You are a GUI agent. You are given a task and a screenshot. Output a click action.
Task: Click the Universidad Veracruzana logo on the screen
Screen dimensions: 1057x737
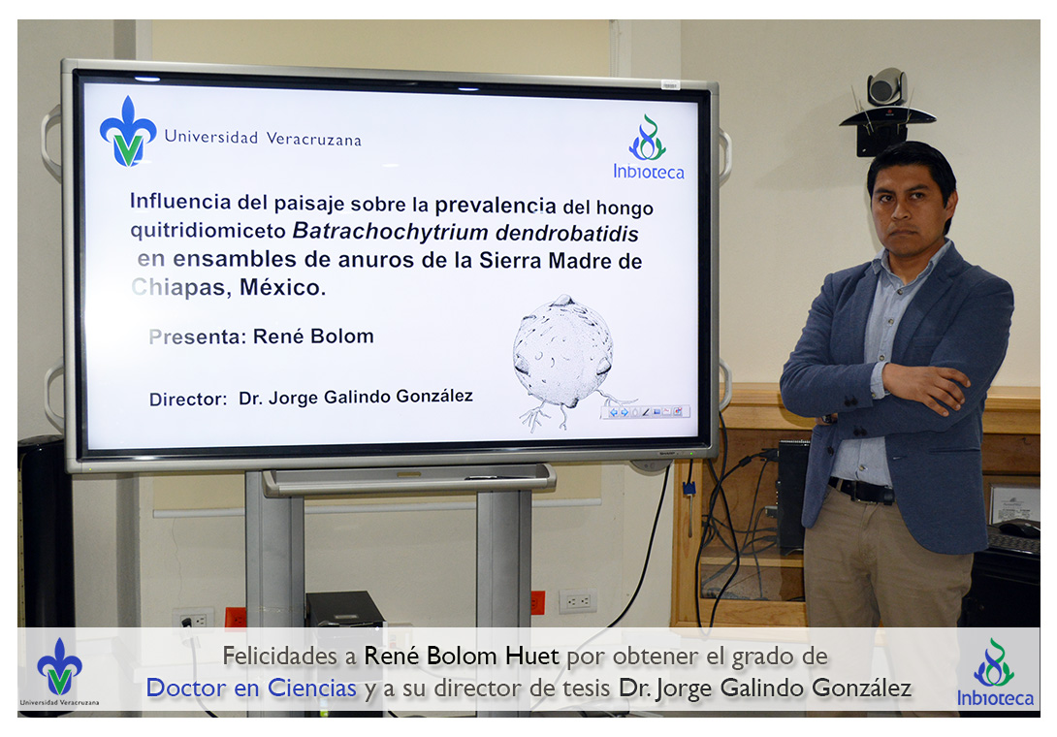coord(128,132)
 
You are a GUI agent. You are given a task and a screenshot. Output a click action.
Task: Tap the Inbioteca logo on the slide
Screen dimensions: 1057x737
coord(649,147)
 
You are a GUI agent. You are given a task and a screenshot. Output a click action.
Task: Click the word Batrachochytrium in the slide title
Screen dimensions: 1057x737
coord(390,231)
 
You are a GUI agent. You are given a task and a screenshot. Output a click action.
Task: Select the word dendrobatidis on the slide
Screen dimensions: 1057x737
coord(567,234)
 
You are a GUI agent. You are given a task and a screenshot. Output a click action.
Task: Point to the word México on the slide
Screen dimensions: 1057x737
coord(282,287)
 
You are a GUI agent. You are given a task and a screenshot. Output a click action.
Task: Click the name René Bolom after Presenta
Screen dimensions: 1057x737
coord(313,336)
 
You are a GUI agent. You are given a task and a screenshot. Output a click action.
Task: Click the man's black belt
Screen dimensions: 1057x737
coord(861,491)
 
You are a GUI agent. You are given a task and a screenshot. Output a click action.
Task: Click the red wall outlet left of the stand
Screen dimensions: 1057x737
coord(236,619)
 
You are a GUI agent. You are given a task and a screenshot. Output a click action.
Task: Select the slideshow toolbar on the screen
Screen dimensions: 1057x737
coord(645,412)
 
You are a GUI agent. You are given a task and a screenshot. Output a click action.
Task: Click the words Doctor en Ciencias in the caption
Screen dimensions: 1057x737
coord(251,689)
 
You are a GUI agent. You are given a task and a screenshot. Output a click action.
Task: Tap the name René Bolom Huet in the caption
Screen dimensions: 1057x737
coord(462,657)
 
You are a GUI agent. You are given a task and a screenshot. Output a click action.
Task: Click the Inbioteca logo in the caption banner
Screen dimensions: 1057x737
coord(995,672)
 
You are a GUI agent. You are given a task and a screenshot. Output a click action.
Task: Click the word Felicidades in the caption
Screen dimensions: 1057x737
coord(280,657)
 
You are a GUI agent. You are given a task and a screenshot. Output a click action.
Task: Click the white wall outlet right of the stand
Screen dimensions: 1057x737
coord(578,601)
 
